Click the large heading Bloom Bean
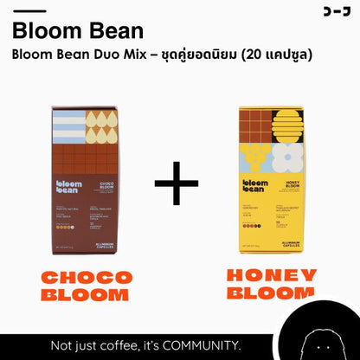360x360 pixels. tap(78, 31)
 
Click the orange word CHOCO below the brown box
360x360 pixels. tap(90, 278)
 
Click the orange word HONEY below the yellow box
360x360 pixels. tap(272, 275)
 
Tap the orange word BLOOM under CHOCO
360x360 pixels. tap(90, 296)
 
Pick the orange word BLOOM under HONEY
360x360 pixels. tap(272, 293)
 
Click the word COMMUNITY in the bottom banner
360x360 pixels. tap(194, 346)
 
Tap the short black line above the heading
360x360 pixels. tap(31, 11)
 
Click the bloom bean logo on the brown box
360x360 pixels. tap(70, 188)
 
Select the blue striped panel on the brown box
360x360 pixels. tap(68, 126)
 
